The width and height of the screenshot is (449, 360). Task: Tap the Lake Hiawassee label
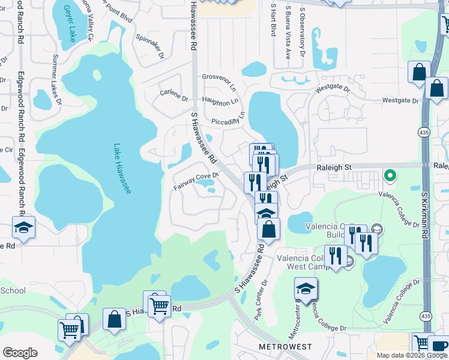coord(123,168)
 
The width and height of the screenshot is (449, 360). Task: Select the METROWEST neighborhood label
coord(285,347)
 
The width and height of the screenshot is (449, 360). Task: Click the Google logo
coord(20,353)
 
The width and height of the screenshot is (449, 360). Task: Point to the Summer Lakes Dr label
coord(57,79)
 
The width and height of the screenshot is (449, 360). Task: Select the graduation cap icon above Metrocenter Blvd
coord(306,289)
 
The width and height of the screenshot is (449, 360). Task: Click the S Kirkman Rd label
coord(424,216)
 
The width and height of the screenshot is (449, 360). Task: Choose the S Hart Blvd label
coord(273,19)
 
